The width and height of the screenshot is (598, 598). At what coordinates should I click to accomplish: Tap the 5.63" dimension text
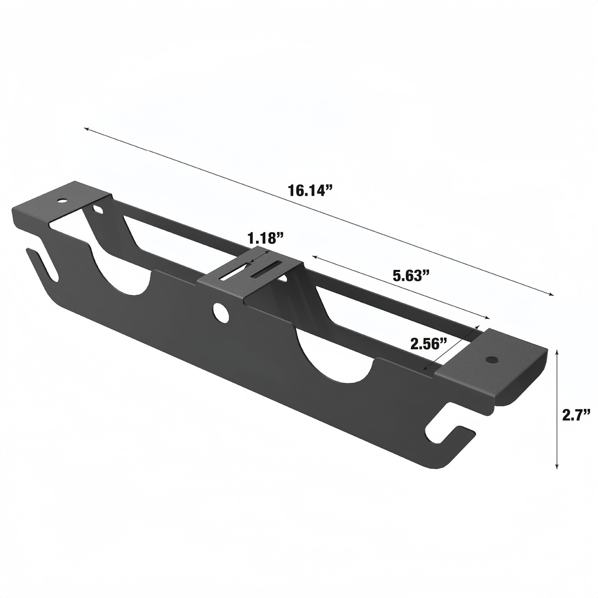[410, 276]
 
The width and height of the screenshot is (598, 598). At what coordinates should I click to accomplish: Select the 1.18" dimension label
[266, 238]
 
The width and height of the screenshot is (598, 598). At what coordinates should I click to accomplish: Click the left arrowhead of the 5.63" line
[314, 257]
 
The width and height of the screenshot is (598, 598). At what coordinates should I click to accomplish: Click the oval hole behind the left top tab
[98, 209]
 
